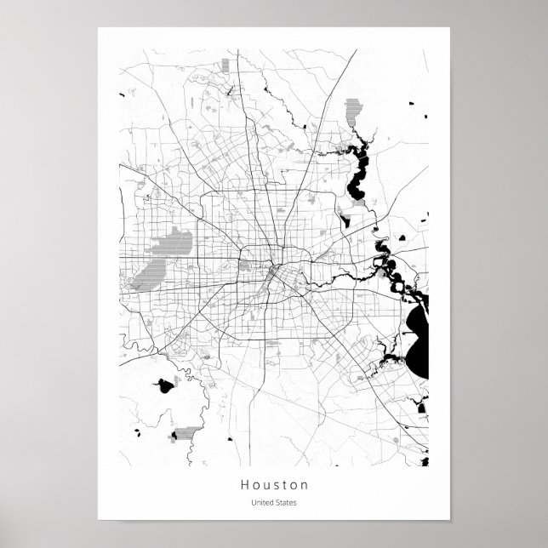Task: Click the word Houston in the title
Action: [274, 485]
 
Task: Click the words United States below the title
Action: [274, 502]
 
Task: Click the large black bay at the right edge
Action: [417, 344]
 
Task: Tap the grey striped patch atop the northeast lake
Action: [353, 111]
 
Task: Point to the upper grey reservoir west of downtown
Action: [175, 243]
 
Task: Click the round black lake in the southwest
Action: [165, 386]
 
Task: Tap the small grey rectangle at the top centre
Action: [225, 65]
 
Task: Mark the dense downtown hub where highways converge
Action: [270, 272]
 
